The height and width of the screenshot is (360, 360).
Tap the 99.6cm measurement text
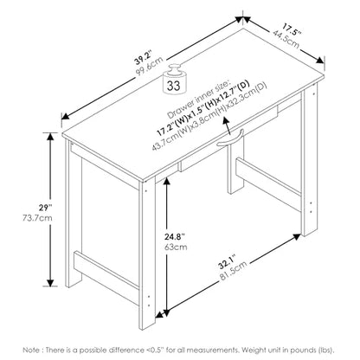click(x=149, y=66)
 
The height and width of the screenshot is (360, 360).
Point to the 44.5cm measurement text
click(x=286, y=39)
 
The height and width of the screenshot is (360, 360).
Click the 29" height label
click(x=46, y=208)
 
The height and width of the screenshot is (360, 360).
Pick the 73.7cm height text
click(x=37, y=218)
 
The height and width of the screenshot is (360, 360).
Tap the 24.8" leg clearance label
click(x=175, y=237)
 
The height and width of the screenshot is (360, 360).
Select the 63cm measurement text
click(x=176, y=247)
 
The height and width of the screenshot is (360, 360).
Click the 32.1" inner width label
click(x=227, y=262)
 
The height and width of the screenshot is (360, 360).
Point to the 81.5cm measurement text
click(x=234, y=271)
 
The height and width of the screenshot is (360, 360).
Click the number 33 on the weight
click(x=174, y=86)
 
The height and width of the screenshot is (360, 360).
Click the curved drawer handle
click(x=230, y=138)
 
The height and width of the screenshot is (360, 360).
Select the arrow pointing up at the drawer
click(x=228, y=125)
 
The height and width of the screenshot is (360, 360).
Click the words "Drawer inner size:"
click(x=198, y=98)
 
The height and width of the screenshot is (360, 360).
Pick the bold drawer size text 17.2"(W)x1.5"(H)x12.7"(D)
click(x=202, y=109)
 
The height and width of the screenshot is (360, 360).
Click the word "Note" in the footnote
click(x=30, y=350)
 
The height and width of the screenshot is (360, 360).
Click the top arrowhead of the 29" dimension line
click(x=51, y=137)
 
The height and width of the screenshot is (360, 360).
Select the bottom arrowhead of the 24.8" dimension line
click(x=166, y=312)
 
